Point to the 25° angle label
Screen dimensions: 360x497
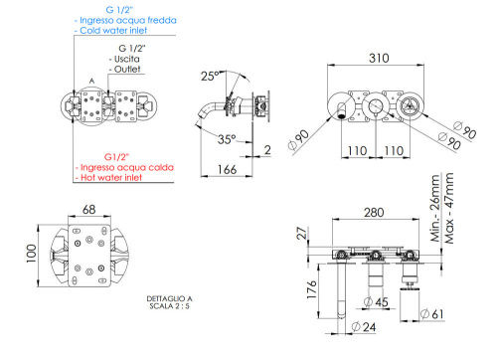pos(207,75)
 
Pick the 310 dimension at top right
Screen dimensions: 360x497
pos(377,58)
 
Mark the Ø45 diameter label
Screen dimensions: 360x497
pos(379,303)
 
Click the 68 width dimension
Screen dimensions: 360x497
pos(88,210)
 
